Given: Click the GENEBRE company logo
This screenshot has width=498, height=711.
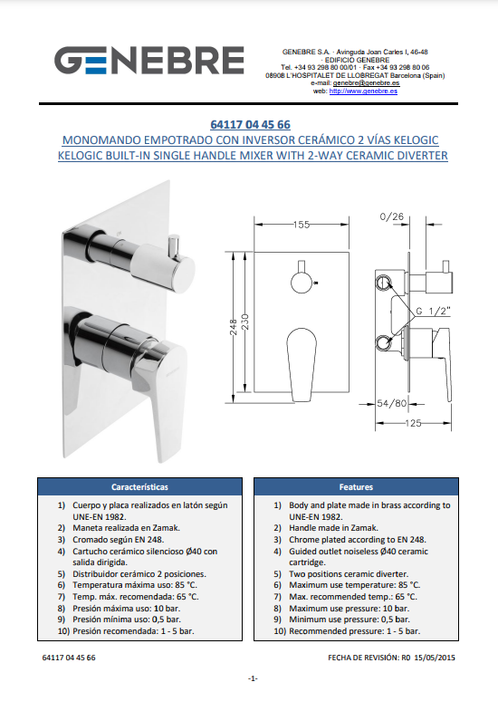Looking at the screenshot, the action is coord(149,60).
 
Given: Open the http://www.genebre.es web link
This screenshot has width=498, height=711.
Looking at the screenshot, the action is coord(363,91).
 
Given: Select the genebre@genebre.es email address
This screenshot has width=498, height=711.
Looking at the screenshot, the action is coord(366,83).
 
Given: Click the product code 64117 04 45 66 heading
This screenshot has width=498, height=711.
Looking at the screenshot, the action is coord(250,125).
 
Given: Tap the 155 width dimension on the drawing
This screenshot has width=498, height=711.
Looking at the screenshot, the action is coord(302,225).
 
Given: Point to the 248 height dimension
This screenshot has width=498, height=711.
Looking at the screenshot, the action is coord(234,327).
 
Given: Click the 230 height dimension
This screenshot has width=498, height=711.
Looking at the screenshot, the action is coord(245,322).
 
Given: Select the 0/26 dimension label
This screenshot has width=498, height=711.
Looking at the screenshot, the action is coord(391,216).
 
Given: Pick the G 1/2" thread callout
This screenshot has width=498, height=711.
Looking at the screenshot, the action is coord(433,311).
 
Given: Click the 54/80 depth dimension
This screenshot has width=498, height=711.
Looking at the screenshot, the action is coord(391,403).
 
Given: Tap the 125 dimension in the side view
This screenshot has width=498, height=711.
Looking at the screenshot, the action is coord(413,423).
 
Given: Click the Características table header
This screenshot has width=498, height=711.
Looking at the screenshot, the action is coord(139,487).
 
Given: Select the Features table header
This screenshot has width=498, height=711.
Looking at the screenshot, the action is coord(356,487).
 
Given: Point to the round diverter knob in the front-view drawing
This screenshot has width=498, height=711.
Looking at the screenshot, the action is coord(302,282).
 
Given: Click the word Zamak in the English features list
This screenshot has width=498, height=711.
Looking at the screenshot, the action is coord(365,528).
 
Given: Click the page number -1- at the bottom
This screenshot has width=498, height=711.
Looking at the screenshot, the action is coord(253,678).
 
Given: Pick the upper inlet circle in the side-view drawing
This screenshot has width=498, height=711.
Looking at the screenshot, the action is coord(383,283).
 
